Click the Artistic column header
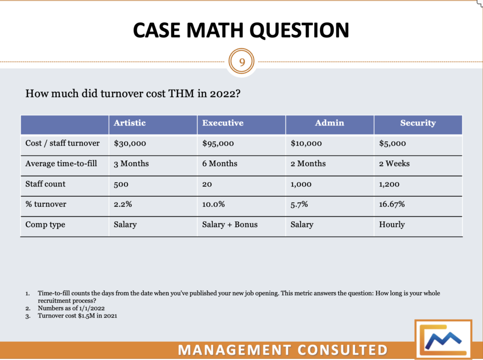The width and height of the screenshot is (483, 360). [x=130, y=123]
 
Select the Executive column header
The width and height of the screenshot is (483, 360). [x=223, y=123]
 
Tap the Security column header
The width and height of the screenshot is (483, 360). [x=418, y=123]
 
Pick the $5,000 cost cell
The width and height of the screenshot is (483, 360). [x=392, y=143]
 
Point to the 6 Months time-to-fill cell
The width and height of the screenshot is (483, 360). [x=220, y=164]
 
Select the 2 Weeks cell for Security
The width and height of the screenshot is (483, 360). [x=394, y=164]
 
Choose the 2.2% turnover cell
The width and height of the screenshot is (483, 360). [x=123, y=204]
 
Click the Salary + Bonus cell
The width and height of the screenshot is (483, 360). [x=230, y=225]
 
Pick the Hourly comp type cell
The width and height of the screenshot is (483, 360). [x=391, y=225]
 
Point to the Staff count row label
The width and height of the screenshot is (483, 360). [x=45, y=184]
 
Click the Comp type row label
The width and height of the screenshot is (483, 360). [x=45, y=225]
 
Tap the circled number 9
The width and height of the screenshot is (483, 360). [x=241, y=61]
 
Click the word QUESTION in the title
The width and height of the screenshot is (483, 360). [x=300, y=30]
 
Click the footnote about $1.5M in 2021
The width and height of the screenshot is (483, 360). [x=77, y=316]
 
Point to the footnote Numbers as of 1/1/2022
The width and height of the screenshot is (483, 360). [x=71, y=308]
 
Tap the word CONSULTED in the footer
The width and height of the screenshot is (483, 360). [x=342, y=350]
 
